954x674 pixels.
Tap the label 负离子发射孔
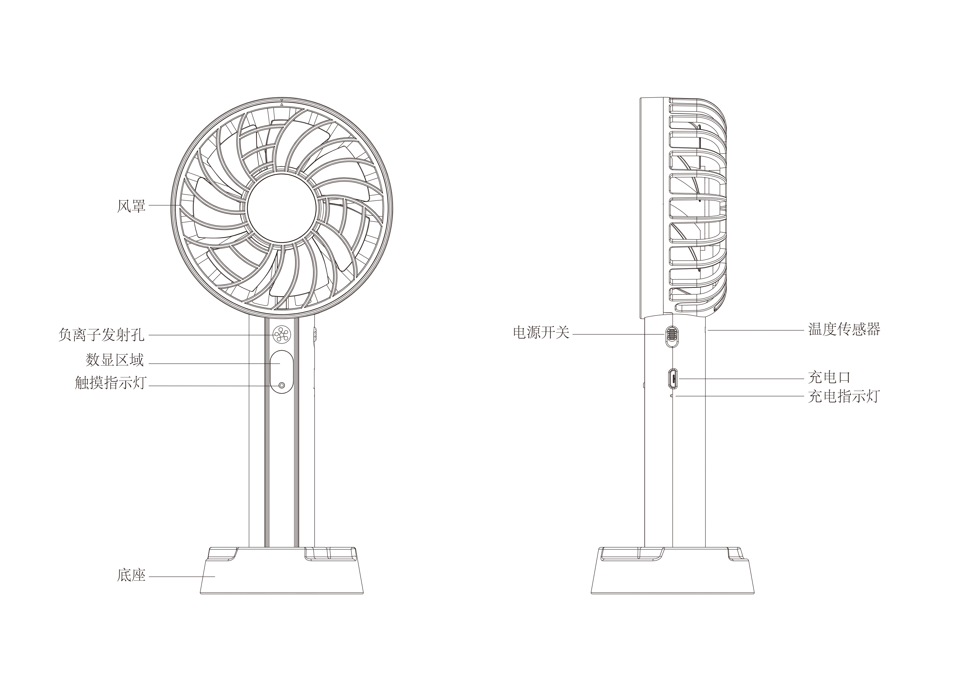[101, 335]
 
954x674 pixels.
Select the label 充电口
[829, 377]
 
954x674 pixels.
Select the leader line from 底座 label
[182, 577]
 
